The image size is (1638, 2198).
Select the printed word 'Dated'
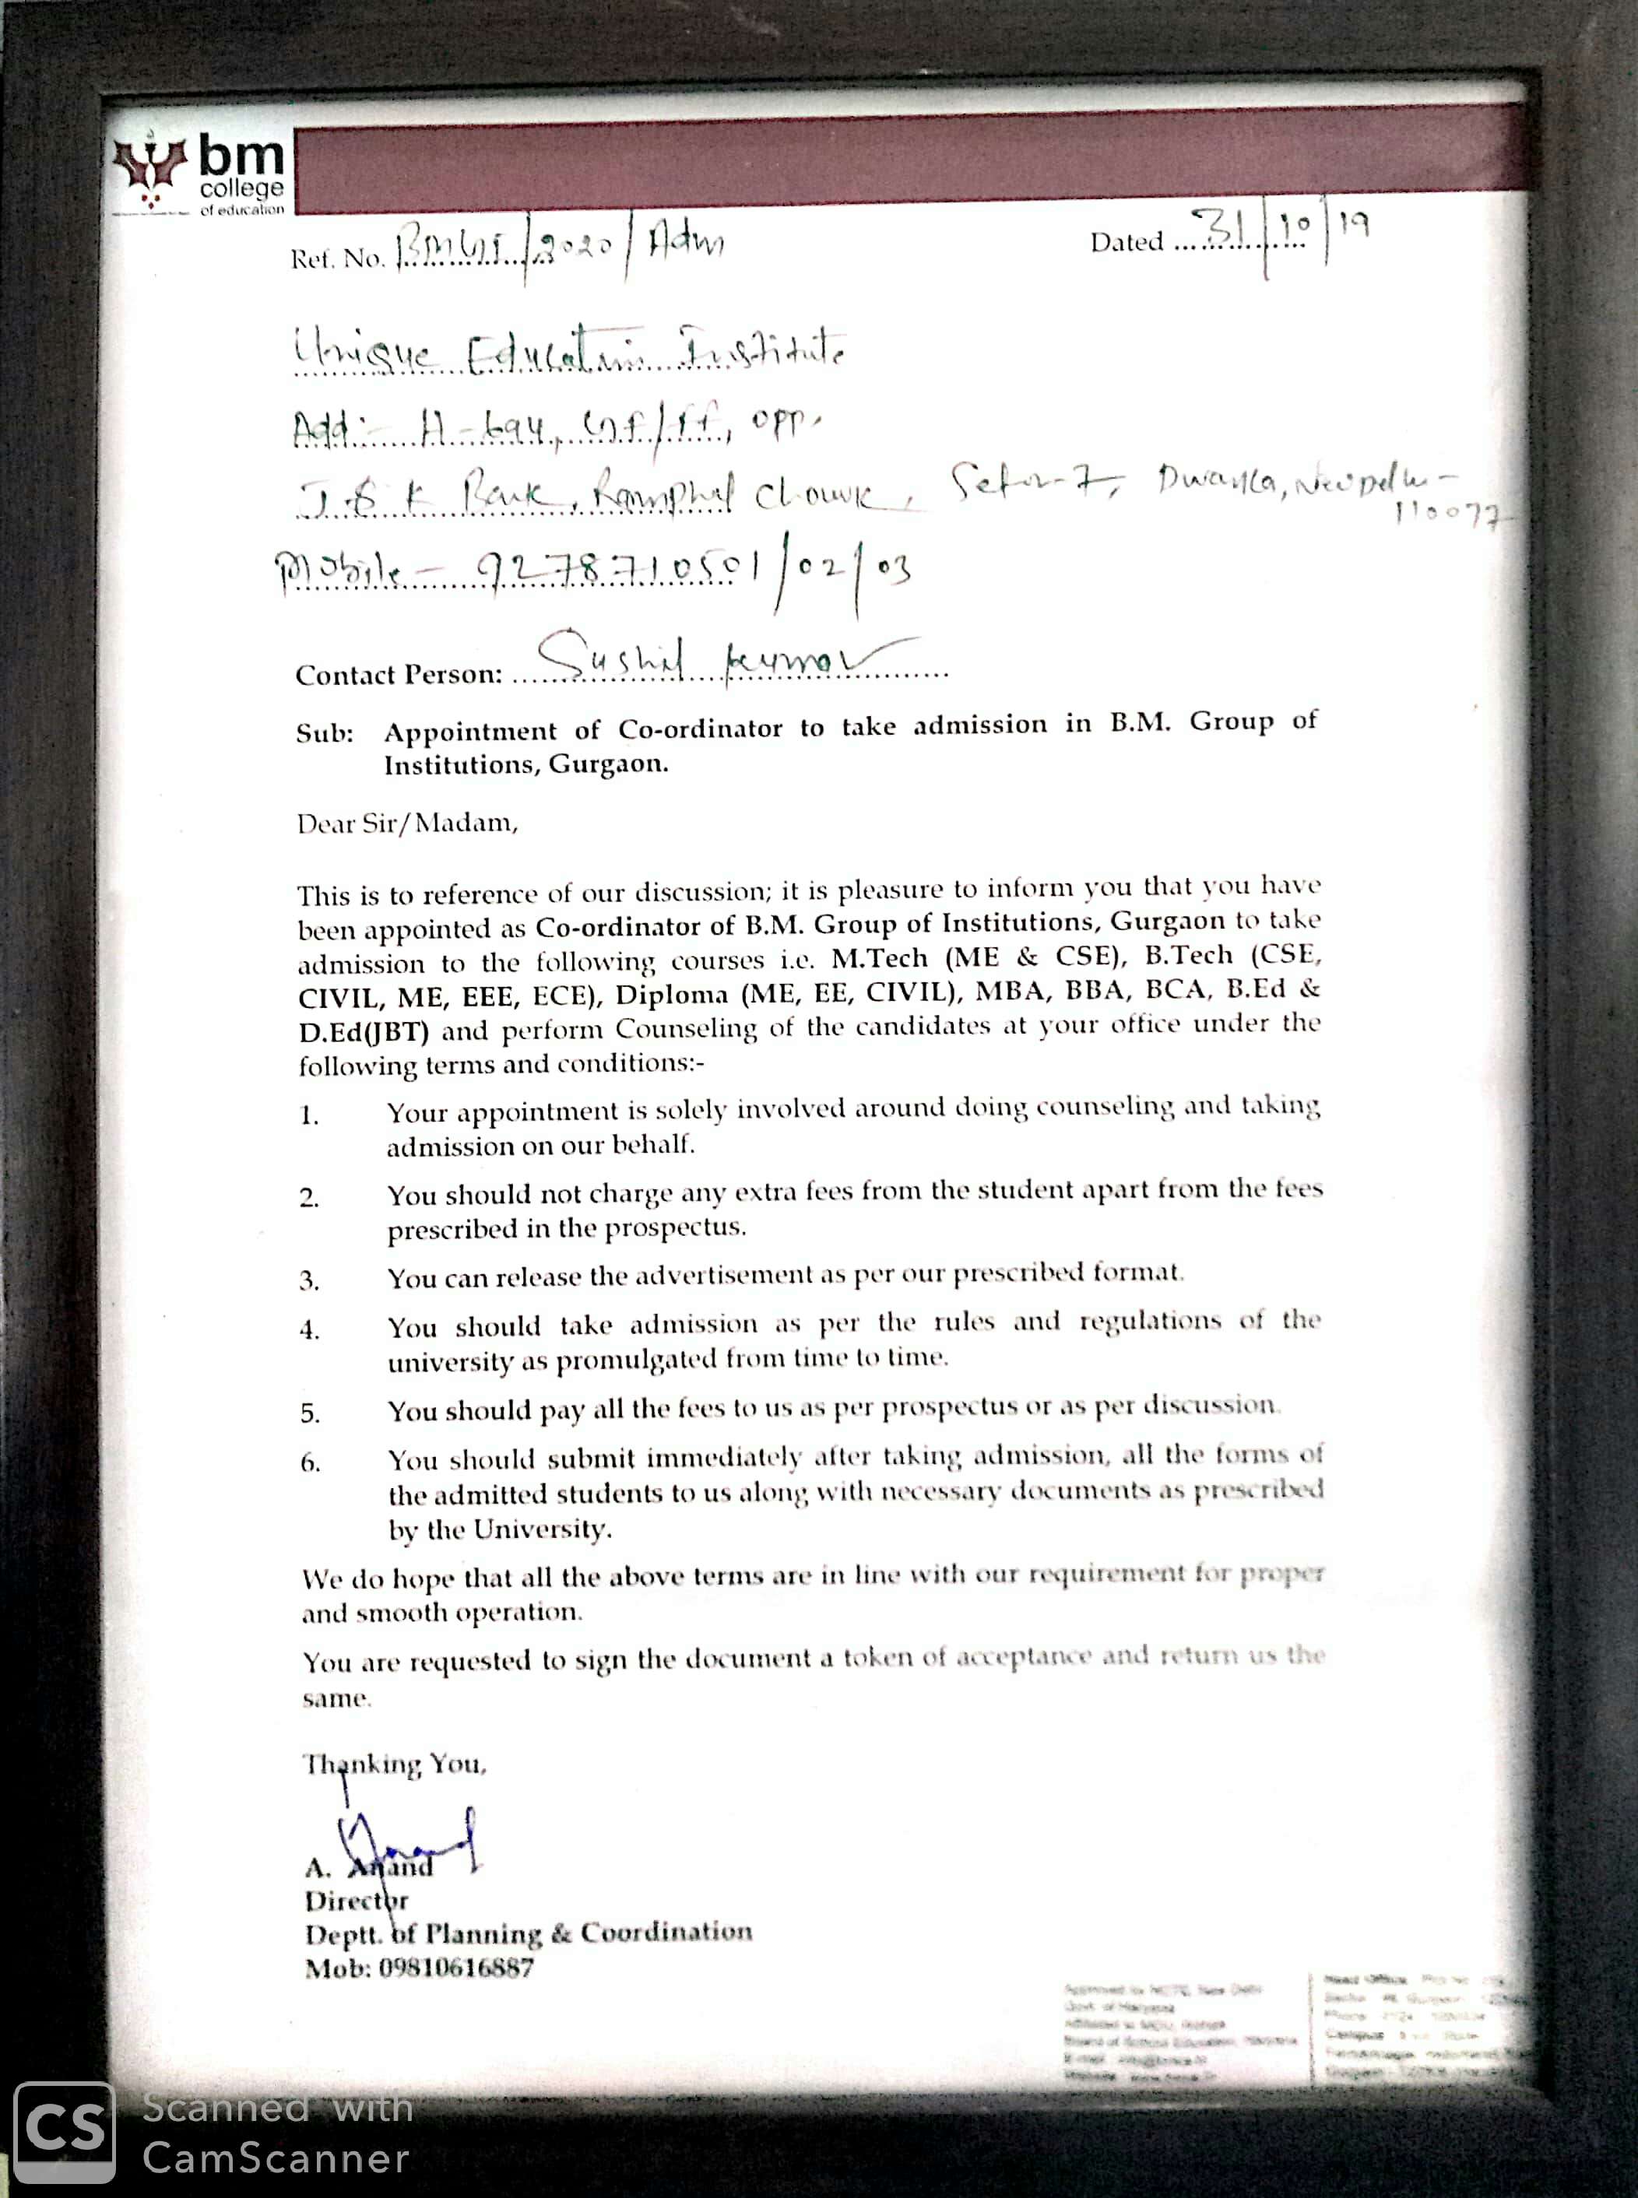pos(1127,242)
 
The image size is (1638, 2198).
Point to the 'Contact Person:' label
pos(399,675)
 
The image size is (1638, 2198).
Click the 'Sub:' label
pos(324,734)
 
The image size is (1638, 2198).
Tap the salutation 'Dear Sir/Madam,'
pos(407,823)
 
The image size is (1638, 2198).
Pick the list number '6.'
pos(311,1463)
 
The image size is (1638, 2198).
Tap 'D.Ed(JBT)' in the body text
pos(364,1032)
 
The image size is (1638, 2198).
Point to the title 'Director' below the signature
pos(356,1901)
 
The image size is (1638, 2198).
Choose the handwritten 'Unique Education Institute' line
pos(570,352)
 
